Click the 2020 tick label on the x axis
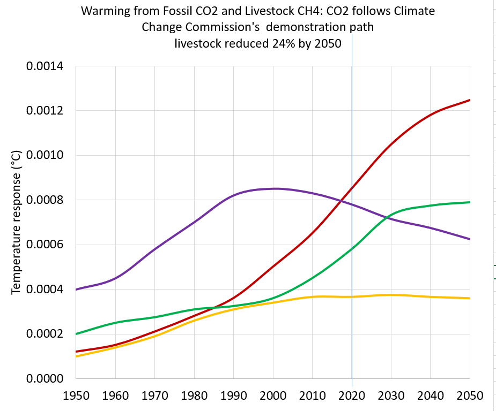click(x=352, y=396)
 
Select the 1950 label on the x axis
click(x=76, y=396)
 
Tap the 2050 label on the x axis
click(x=470, y=396)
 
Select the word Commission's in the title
click(x=217, y=27)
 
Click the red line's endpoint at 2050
click(x=470, y=100)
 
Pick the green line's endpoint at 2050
click(x=470, y=202)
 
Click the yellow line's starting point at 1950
click(x=76, y=356)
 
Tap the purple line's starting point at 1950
click(x=76, y=290)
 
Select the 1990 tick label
click(x=233, y=396)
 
